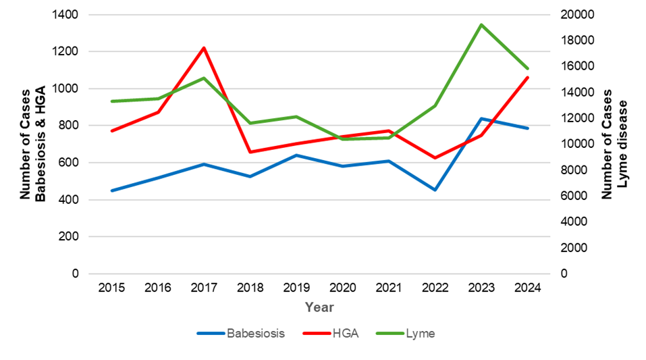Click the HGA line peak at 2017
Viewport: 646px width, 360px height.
[204, 48]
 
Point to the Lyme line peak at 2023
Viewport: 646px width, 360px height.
[481, 25]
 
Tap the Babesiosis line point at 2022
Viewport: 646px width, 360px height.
[435, 190]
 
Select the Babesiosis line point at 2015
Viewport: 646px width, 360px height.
[111, 190]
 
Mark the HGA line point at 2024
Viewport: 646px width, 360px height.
[528, 78]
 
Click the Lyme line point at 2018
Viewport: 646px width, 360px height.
[250, 123]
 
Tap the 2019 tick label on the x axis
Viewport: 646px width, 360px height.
[296, 287]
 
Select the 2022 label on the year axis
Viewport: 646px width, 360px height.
[435, 287]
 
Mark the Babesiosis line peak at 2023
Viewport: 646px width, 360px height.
[481, 119]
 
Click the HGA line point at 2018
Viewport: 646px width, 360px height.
[250, 152]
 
